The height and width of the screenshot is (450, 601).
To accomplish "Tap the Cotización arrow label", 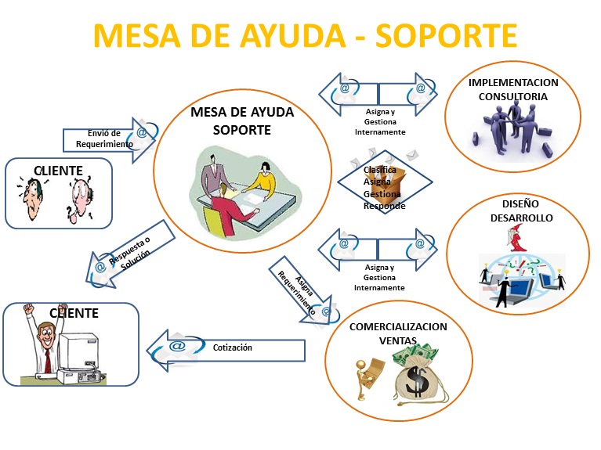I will pos(232,347).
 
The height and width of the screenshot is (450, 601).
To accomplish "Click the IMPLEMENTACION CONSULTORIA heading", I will pos(512,89).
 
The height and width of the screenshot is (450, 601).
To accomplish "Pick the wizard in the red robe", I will pos(517,242).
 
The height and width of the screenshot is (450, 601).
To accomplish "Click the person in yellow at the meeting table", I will pos(262,179).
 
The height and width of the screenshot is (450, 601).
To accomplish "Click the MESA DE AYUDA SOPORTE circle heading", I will pos(242,121).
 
